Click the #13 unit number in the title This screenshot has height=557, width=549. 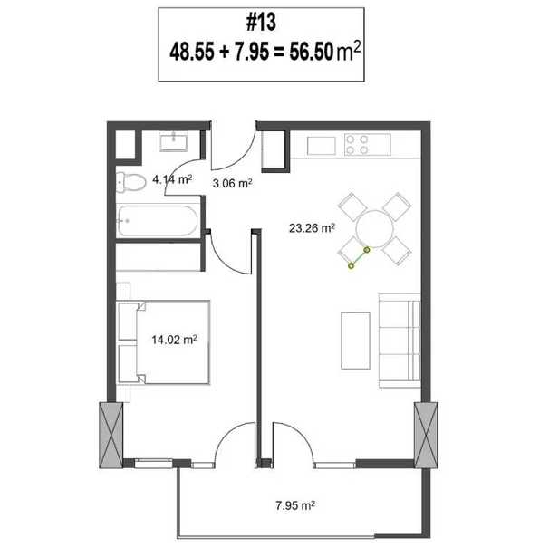click(x=261, y=22)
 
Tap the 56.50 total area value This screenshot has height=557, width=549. click(x=312, y=52)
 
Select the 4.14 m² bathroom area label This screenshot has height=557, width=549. click(x=172, y=179)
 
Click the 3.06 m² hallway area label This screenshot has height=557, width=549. click(x=233, y=183)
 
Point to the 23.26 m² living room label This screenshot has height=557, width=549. click(x=312, y=227)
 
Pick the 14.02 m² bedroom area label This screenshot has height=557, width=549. click(x=175, y=340)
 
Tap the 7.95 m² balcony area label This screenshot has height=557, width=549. click(x=295, y=505)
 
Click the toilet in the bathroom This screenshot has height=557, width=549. click(x=130, y=183)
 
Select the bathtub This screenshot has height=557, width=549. click(x=158, y=221)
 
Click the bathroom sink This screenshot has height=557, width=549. click(x=173, y=141)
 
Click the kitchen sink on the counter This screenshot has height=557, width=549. click(x=322, y=146)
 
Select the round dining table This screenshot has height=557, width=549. click(x=375, y=229)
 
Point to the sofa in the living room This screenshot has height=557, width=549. click(x=400, y=341)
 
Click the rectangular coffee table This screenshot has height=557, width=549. click(x=355, y=341)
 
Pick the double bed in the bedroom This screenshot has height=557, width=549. click(x=163, y=342)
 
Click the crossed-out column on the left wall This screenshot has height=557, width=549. click(x=111, y=435)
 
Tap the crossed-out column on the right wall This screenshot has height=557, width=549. click(x=426, y=435)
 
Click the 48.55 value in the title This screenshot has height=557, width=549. click(x=192, y=52)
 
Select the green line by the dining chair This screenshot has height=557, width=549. click(x=360, y=258)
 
